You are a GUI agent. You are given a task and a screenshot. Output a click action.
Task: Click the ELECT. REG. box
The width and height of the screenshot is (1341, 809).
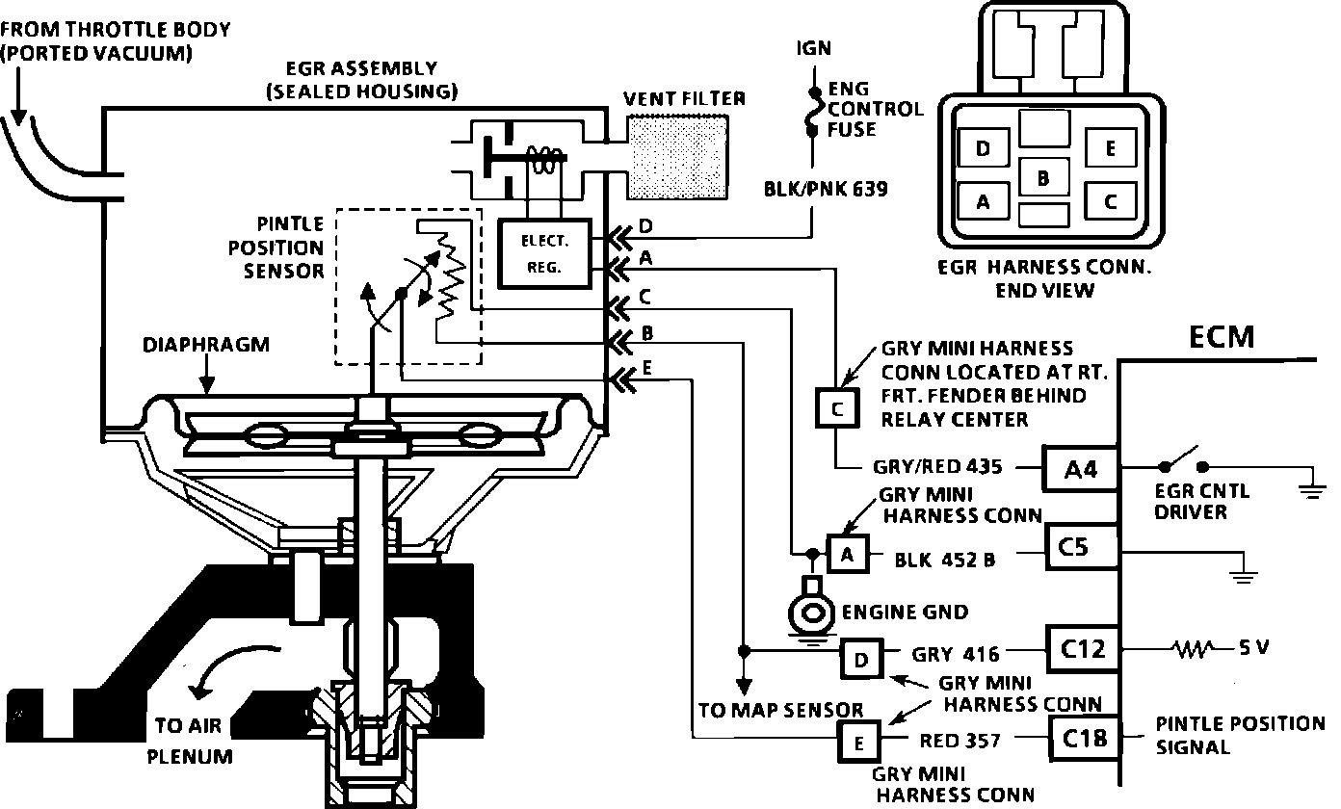click(x=544, y=252)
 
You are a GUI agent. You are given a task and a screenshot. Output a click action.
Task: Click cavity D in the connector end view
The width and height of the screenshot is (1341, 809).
click(x=984, y=150)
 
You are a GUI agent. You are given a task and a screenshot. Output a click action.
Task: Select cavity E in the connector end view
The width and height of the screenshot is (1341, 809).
click(x=1111, y=149)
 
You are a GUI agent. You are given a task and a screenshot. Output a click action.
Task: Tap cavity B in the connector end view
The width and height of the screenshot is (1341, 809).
click(x=1043, y=179)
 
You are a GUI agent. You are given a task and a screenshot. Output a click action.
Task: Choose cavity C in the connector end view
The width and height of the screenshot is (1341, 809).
click(x=1111, y=201)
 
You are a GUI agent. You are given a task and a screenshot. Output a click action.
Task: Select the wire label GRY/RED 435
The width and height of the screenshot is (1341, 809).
click(x=937, y=468)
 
